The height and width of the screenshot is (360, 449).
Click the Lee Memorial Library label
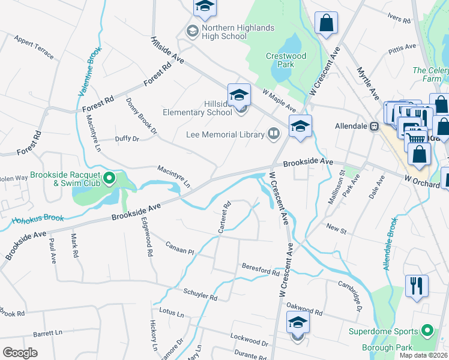(225, 134)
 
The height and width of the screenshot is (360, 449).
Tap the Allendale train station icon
(374, 127)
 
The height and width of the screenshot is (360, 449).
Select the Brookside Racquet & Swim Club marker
(109, 178)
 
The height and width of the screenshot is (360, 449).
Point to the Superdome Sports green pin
(427, 331)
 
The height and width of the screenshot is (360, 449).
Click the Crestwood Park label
(286, 60)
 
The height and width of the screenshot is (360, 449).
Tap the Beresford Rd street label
(261, 269)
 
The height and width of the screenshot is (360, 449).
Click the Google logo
(20, 353)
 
